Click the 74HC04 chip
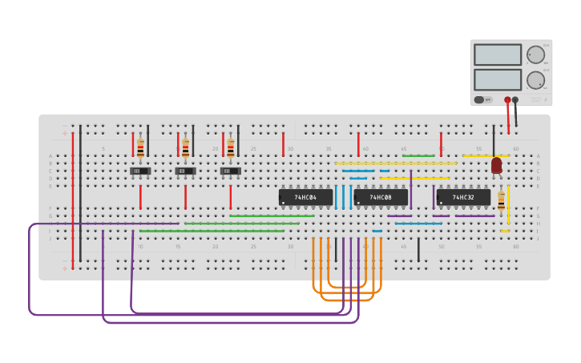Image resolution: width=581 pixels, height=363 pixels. tap(305, 197)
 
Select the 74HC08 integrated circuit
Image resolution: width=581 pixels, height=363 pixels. tap(381, 197)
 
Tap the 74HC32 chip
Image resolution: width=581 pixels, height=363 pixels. tap(463, 197)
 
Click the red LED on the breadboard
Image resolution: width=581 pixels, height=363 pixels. tap(497, 165)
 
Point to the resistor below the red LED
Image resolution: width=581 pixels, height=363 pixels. tap(502, 201)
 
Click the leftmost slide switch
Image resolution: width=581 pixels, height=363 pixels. tap(140, 171)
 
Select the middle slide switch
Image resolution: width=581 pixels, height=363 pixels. tap(185, 171)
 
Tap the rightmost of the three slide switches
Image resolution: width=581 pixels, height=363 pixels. tap(230, 171)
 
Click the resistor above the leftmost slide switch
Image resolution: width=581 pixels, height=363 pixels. tap(140, 148)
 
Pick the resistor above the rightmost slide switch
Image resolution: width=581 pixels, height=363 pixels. tap(231, 148)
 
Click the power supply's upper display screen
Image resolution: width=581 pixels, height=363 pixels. tap(497, 54)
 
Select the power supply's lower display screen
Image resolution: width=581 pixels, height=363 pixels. tap(497, 79)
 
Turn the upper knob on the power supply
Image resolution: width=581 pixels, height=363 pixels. tap(535, 54)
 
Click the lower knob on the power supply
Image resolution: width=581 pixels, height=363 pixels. tap(535, 80)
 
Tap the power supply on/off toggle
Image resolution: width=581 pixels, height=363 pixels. tap(479, 100)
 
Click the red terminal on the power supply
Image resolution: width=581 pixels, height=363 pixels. tap(507, 100)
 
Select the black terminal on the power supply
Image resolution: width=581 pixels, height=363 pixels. tap(515, 100)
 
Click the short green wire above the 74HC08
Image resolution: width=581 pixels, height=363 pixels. tap(418, 155)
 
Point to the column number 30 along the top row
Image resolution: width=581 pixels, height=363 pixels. tap(290, 149)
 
